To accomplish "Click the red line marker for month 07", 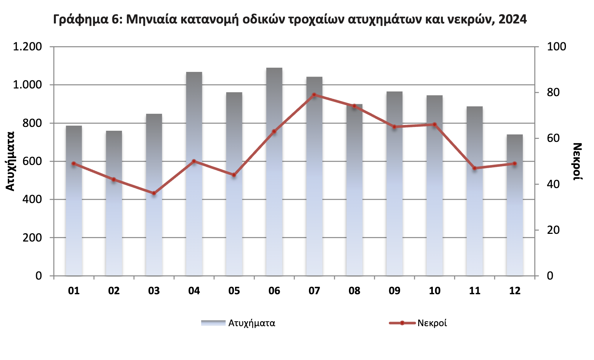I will point(314,95).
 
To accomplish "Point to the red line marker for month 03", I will point(154,193).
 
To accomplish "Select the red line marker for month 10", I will point(435,125).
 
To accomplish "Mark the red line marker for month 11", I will point(475,168).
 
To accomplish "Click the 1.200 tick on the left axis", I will point(27,47).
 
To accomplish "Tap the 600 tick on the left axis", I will point(32,161).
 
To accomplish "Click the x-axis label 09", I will point(394,291).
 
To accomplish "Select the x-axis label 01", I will point(74,291).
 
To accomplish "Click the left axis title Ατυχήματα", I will point(10,161).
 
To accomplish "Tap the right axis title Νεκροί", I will point(577,162).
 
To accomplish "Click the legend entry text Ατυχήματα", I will point(252,323).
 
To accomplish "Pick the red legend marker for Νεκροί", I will point(402,323).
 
